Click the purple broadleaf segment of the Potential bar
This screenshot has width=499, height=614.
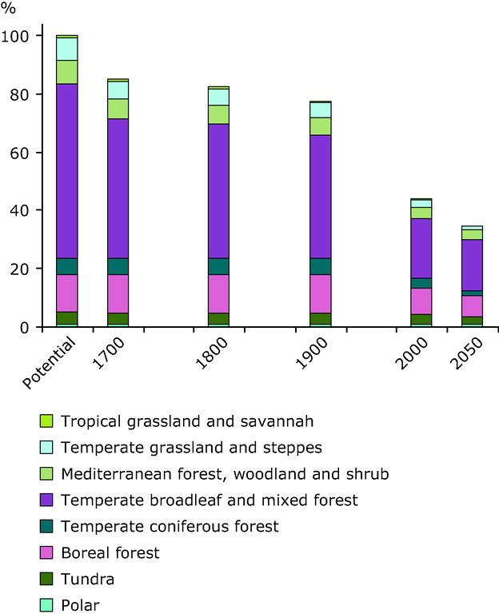[x=67, y=171]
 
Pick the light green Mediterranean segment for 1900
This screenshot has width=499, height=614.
[x=320, y=126]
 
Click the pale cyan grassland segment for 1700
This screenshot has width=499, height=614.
[x=118, y=90]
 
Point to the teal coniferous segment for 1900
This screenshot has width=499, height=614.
[x=320, y=266]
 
